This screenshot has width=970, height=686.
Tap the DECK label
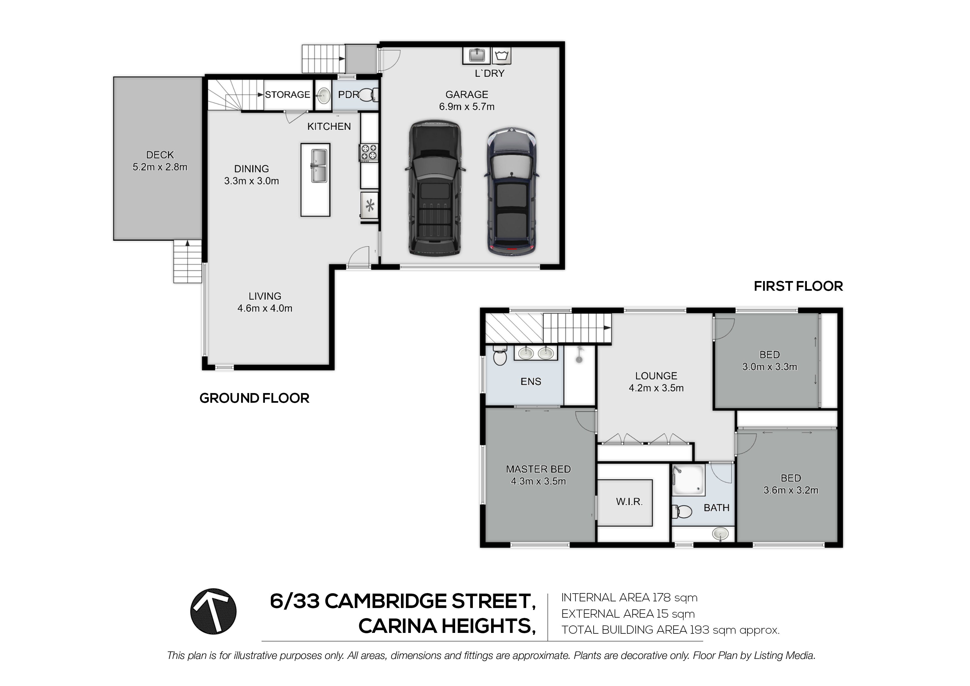click(160, 155)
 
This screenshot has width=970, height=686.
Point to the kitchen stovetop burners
click(368, 153)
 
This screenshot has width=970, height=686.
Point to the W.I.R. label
click(629, 502)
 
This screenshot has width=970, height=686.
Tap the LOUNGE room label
click(656, 376)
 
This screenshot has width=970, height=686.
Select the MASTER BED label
click(538, 469)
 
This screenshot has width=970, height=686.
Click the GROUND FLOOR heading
click(254, 398)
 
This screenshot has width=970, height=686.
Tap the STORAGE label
click(287, 95)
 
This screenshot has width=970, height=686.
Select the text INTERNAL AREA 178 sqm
click(629, 598)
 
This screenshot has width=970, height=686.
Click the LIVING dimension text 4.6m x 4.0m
click(265, 308)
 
